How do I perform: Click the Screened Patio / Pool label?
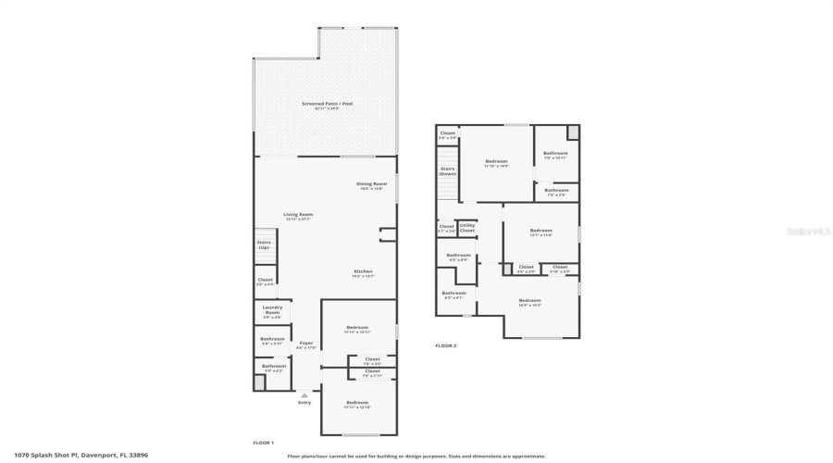tap(327, 104)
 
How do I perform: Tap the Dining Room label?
tap(371, 184)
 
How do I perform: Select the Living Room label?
tap(298, 215)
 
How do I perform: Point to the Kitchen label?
tap(363, 272)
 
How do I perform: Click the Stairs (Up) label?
tap(264, 245)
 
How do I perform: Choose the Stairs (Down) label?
tap(447, 171)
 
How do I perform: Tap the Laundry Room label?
tap(272, 310)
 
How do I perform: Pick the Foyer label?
tap(305, 344)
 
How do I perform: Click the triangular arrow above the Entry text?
tap(304, 395)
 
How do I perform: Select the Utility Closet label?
tap(467, 228)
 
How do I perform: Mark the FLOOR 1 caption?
tap(263, 443)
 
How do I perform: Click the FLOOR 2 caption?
tap(445, 345)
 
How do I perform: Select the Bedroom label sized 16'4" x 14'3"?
tap(529, 301)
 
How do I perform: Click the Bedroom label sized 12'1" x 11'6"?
tap(541, 231)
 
